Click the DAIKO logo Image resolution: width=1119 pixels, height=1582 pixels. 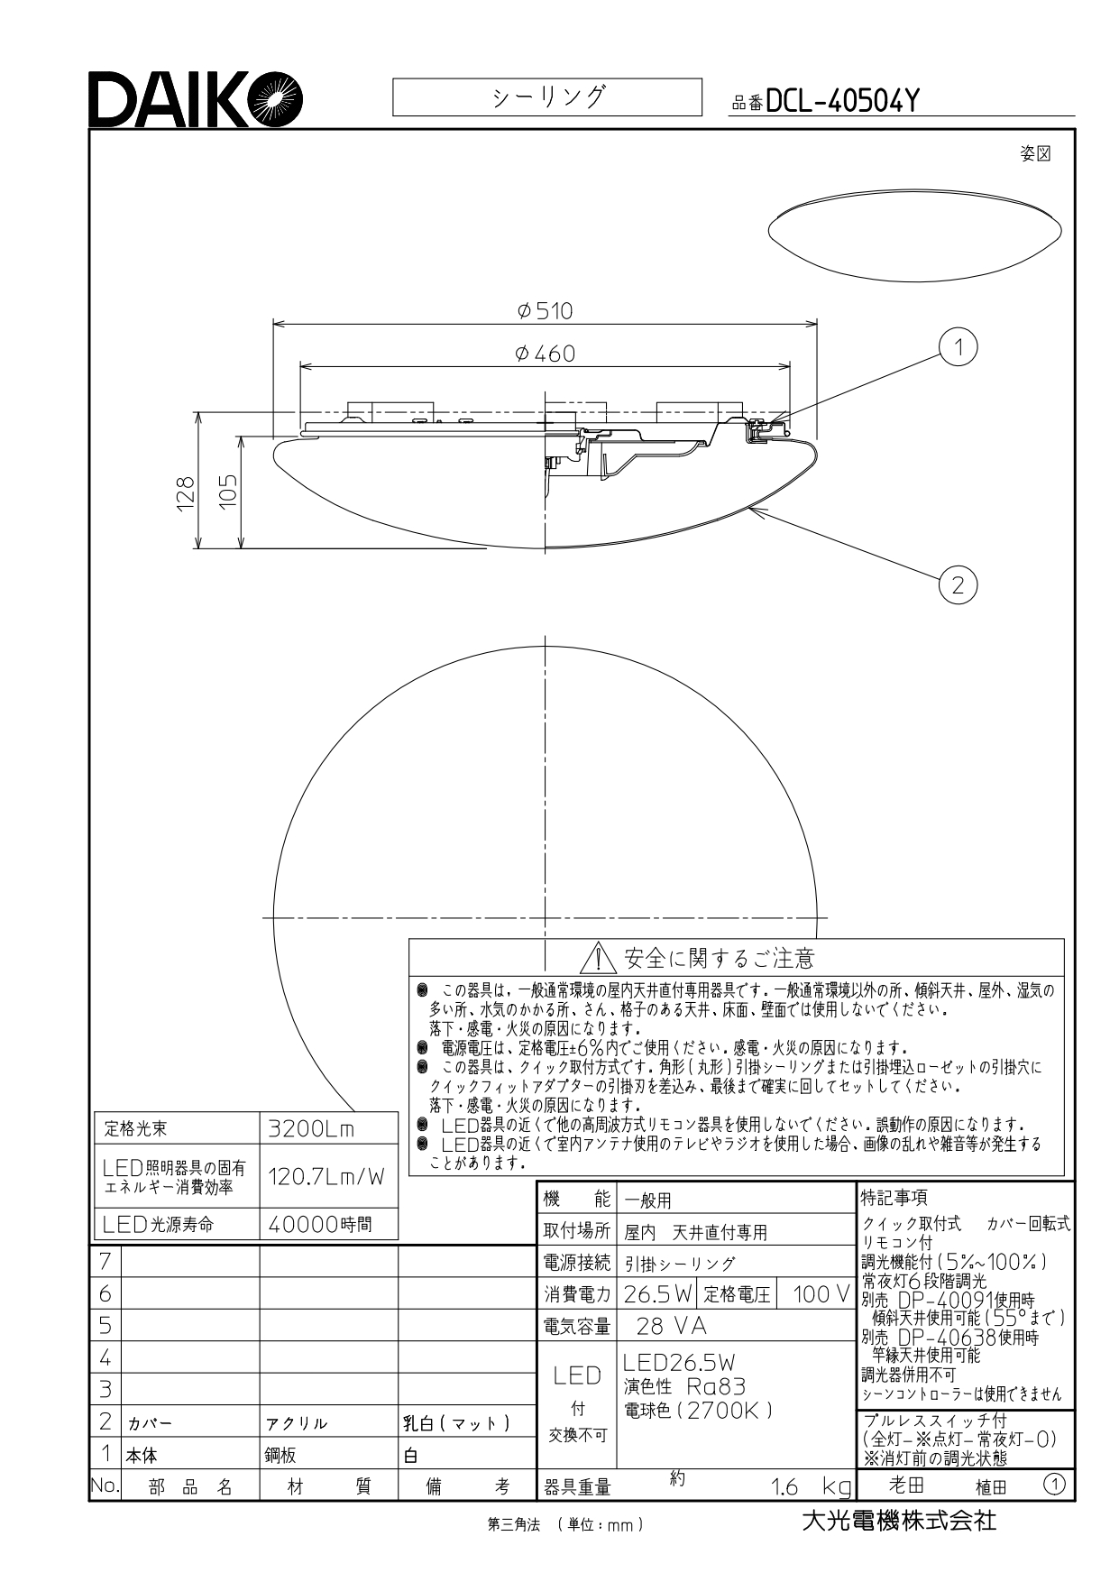[x=196, y=99]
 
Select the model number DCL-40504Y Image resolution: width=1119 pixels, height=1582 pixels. [x=841, y=102]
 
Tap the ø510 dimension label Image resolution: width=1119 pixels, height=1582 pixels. [x=545, y=311]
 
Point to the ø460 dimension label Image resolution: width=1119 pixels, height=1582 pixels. [x=545, y=354]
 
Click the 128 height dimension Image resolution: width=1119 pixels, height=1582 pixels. [x=186, y=494]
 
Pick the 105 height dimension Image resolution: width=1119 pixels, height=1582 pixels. [x=228, y=492]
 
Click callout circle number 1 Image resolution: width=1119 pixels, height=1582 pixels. [x=958, y=347]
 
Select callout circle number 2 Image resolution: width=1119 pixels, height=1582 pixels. [x=958, y=585]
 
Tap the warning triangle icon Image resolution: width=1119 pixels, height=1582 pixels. [x=598, y=957]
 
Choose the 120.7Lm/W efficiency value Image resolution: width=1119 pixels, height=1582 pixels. [x=327, y=1176]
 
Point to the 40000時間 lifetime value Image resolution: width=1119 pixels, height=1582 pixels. [x=321, y=1224]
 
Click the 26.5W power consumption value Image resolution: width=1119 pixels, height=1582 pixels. [x=657, y=1295]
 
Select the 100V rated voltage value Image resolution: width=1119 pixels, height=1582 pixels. [x=821, y=1295]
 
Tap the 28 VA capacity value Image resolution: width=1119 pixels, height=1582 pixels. [x=671, y=1326]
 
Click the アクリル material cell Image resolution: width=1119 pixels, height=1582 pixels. [x=296, y=1424]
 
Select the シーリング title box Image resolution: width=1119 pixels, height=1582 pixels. [x=547, y=97]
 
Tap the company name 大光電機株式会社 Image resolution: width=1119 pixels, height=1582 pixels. [x=899, y=1521]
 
